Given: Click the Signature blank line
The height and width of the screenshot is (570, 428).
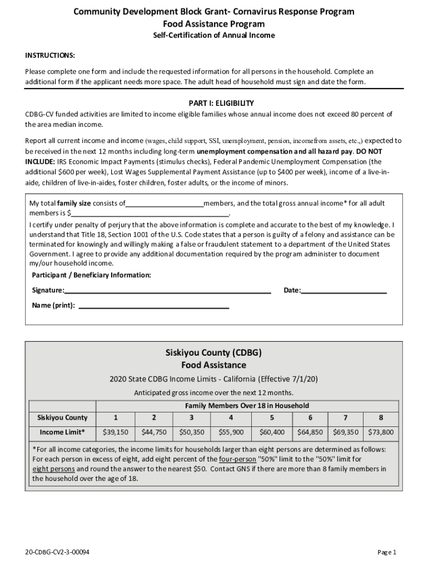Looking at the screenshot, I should point(167,291).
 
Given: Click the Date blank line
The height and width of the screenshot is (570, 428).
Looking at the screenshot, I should point(344,291).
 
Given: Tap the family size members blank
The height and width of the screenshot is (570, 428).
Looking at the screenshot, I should point(165,204).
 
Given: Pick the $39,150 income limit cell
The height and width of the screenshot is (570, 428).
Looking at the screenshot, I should point(116,432).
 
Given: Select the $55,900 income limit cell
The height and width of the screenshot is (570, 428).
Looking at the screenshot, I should point(231,432).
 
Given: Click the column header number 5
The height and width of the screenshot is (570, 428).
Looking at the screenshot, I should point(272,417).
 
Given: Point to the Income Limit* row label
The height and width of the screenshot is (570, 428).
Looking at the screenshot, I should point(62,432).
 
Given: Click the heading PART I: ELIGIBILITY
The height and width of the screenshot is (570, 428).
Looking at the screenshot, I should point(214,103).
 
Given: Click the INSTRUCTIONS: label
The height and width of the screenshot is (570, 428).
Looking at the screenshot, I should point(50,56).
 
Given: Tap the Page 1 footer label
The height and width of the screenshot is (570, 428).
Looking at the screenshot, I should point(386,552).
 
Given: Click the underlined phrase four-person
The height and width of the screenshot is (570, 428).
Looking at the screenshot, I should point(238,459).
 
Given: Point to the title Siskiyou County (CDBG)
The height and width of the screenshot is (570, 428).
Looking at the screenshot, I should point(213,353).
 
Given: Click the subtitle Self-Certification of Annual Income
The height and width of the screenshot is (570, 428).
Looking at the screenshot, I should point(214,36).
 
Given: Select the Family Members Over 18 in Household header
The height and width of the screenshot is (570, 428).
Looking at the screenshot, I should point(247,406).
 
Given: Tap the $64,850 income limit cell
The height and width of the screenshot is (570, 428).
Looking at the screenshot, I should point(310,432).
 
